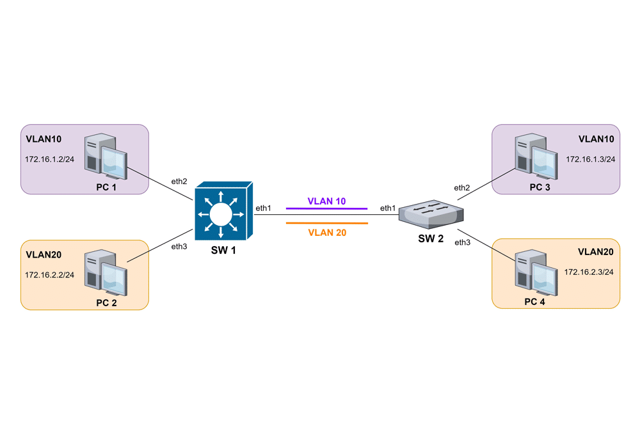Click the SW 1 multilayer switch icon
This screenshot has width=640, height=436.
click(x=221, y=210)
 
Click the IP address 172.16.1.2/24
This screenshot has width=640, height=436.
click(x=50, y=159)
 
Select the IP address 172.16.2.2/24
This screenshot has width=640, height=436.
click(x=50, y=275)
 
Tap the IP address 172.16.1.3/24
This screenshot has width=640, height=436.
click(x=590, y=159)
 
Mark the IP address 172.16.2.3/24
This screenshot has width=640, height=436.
click(x=589, y=272)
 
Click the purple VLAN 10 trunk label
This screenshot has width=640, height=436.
click(x=326, y=201)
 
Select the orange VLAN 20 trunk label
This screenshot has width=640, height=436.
click(x=326, y=233)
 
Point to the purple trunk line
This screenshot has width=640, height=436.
click(x=326, y=208)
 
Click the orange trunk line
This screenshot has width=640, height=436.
click(x=326, y=223)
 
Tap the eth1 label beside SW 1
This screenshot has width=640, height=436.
click(x=263, y=208)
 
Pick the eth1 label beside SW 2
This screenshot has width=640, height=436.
click(x=388, y=208)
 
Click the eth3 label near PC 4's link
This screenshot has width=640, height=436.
click(x=462, y=242)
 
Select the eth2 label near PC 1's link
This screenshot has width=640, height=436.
click(x=179, y=182)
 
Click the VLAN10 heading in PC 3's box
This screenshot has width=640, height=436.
click(x=596, y=139)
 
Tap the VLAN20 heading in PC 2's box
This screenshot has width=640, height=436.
click(x=44, y=254)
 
